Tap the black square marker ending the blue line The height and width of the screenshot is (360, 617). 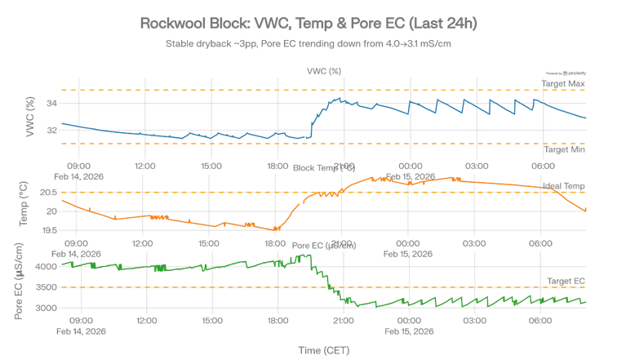pyautogui.click(x=578, y=120)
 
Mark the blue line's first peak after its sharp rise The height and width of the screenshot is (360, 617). pyautogui.click(x=336, y=98)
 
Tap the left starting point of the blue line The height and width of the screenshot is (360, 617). pyautogui.click(x=60, y=122)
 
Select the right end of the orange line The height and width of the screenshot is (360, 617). pyautogui.click(x=586, y=212)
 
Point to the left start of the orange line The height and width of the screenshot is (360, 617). pyautogui.click(x=60, y=200)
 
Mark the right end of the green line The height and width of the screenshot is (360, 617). pyautogui.click(x=586, y=301)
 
